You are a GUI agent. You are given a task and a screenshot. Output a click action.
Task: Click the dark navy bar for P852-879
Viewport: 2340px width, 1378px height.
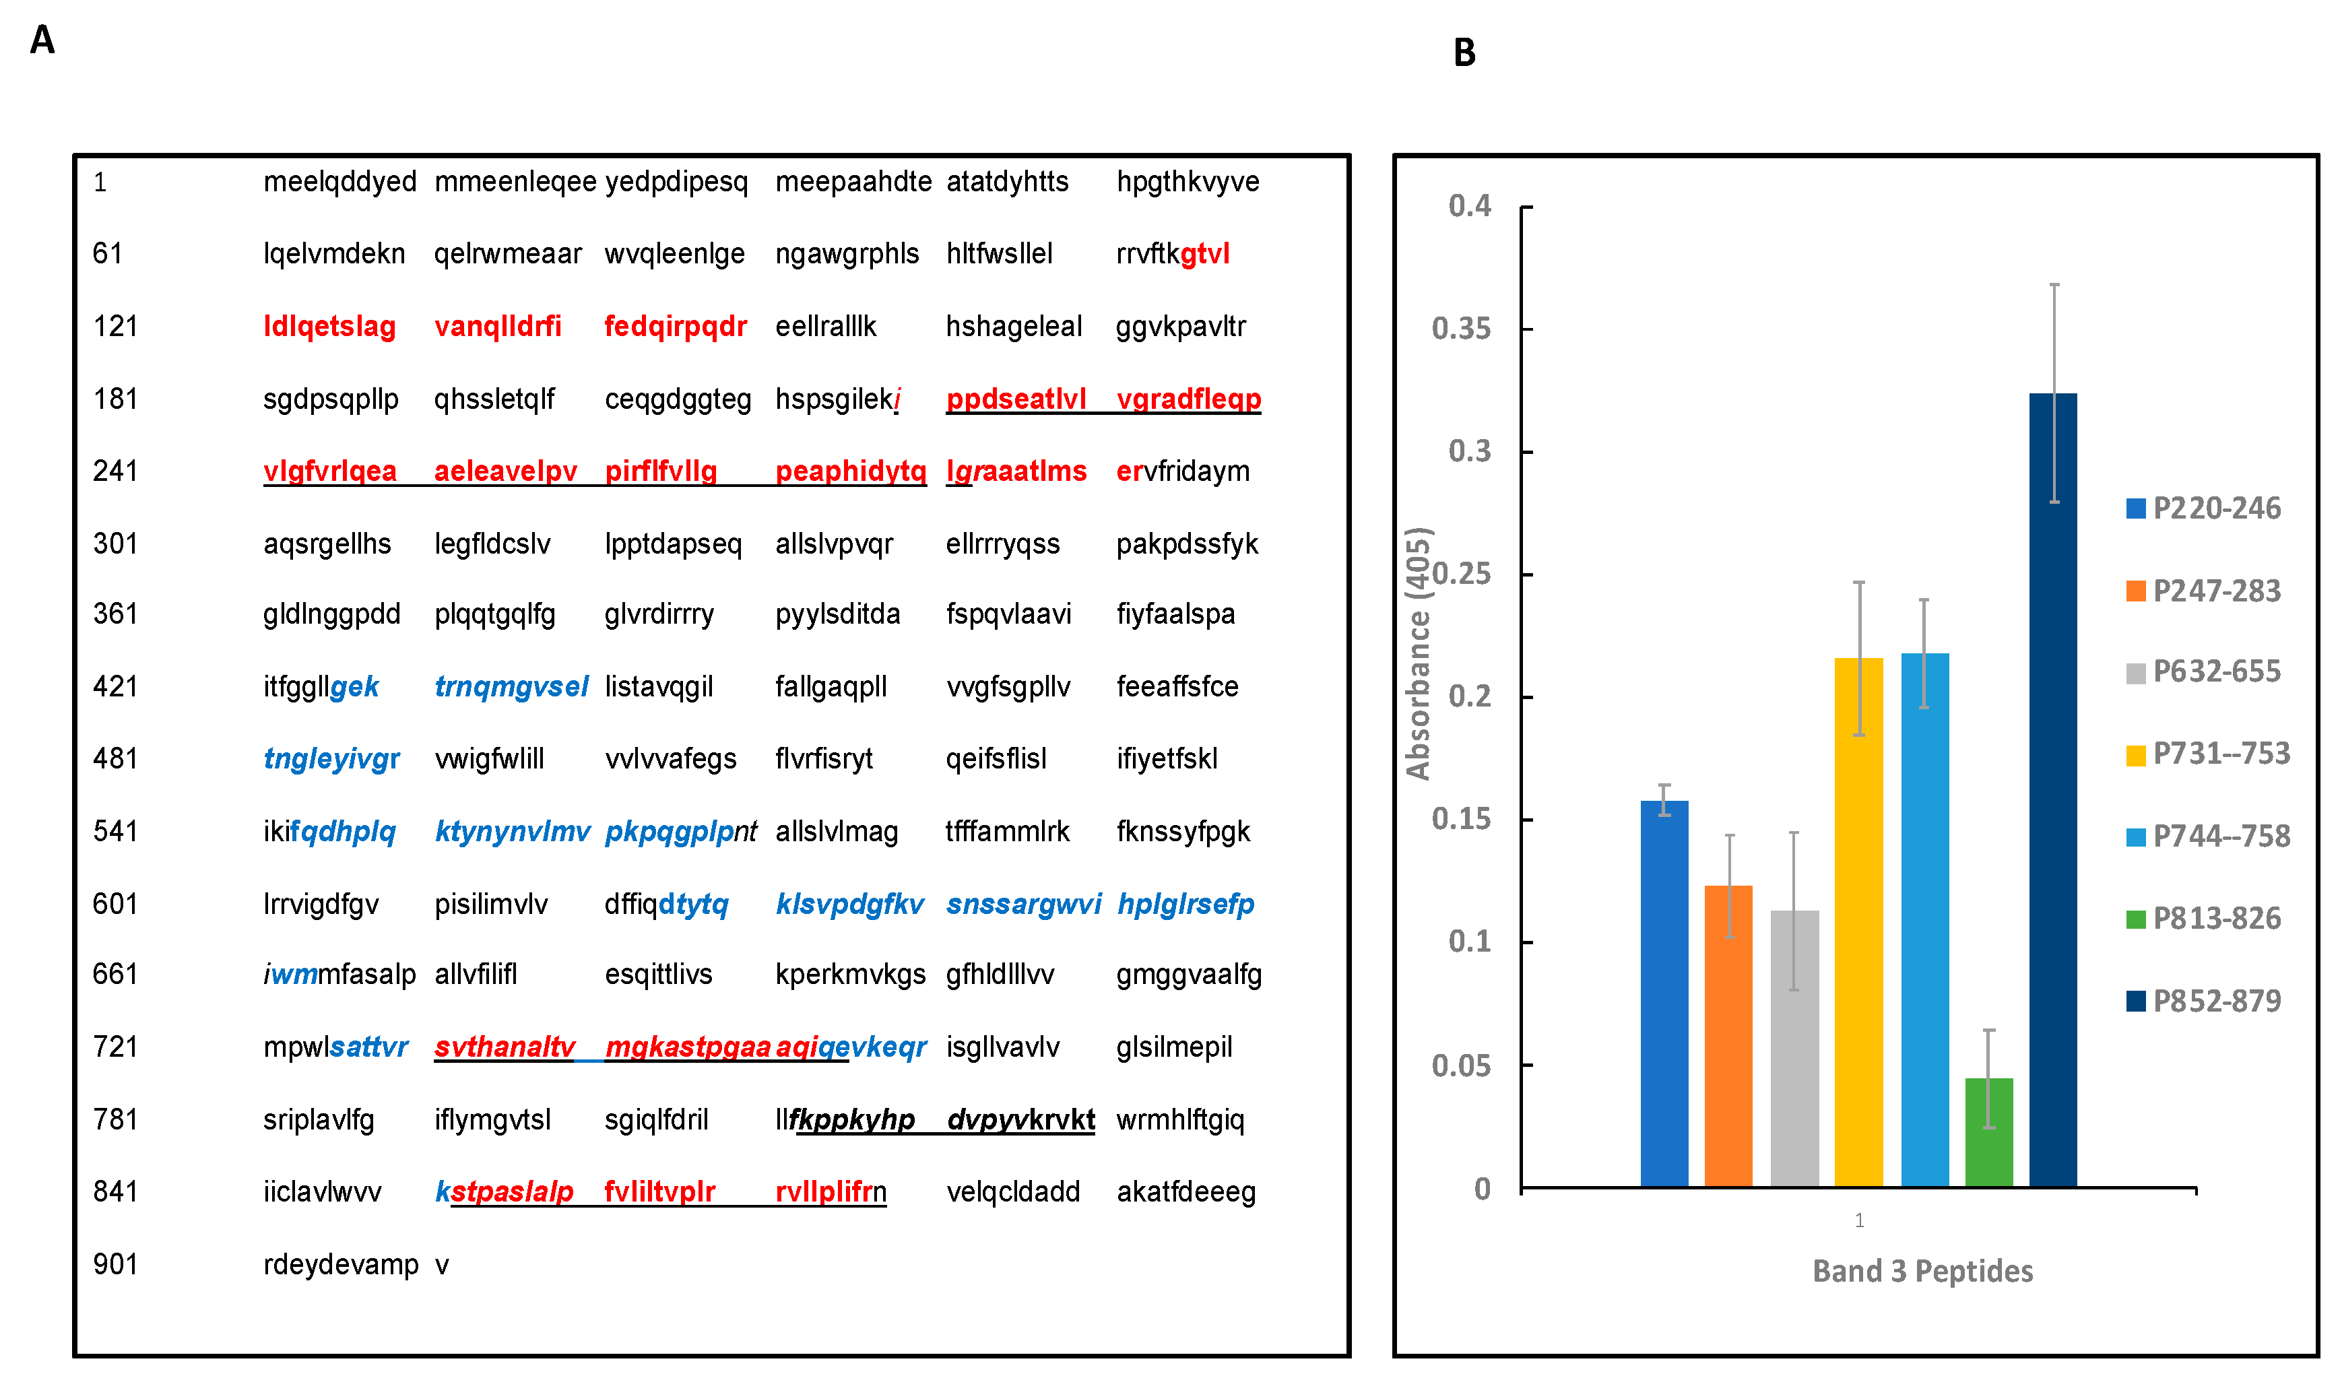click(x=2052, y=789)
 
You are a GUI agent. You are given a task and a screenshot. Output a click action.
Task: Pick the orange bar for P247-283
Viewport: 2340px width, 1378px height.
click(x=1728, y=1035)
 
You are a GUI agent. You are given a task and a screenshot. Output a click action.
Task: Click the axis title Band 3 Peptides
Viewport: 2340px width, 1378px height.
click(x=1922, y=1270)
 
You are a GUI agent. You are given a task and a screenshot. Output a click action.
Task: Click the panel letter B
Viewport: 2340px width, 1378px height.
click(x=1464, y=53)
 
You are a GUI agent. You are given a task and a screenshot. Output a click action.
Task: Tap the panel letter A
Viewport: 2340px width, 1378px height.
click(x=42, y=40)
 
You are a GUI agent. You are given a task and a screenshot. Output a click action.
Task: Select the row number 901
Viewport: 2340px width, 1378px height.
click(x=115, y=1264)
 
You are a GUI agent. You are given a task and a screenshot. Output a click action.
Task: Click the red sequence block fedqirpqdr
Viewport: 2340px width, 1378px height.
click(x=675, y=326)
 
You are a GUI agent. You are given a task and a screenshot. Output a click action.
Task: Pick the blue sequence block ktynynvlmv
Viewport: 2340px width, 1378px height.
click(x=512, y=831)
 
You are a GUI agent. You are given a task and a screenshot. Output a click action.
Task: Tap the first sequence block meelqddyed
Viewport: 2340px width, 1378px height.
click(x=340, y=181)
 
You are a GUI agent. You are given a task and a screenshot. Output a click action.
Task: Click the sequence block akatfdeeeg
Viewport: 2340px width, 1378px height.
click(x=1185, y=1191)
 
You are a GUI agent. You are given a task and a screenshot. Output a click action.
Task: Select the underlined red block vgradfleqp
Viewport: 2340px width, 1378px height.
click(x=1189, y=398)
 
